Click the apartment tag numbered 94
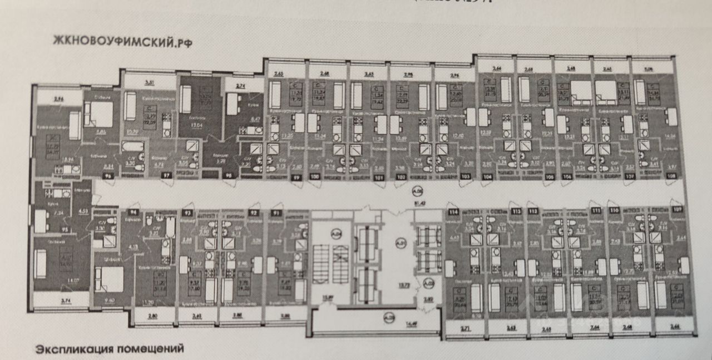pos(132,212)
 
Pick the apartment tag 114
pos(453,212)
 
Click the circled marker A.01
pos(400,243)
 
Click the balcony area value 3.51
pos(149,83)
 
